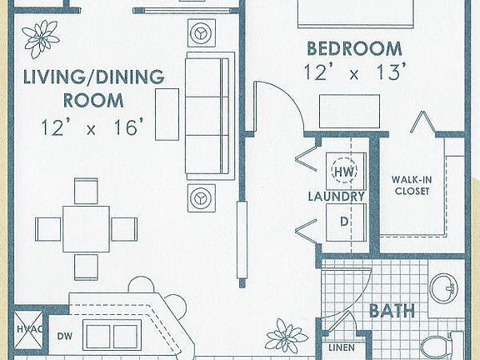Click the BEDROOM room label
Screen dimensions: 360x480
pos(353,47)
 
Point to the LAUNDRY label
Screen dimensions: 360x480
pos(336,197)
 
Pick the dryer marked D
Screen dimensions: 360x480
pos(342,222)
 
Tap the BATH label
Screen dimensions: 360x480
pos(392,312)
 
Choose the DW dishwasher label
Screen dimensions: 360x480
pos(65,337)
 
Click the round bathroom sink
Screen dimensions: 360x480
pos(443,288)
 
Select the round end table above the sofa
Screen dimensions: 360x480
pos(201,33)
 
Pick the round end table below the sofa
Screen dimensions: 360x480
pos(201,198)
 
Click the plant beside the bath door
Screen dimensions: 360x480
pos(285,337)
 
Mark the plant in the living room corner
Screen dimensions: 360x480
pos(40,36)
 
